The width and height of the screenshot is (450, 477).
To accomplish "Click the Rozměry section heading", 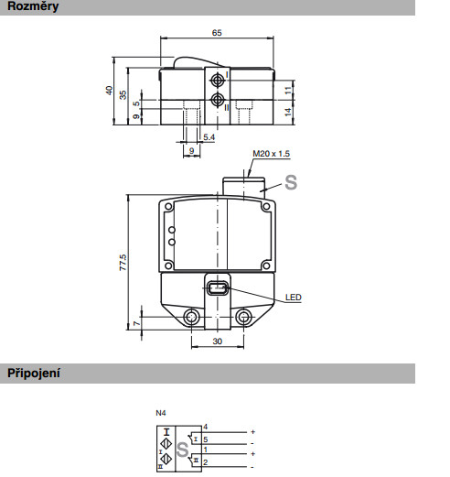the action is point(33,6).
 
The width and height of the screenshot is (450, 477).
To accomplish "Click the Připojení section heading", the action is point(34,374).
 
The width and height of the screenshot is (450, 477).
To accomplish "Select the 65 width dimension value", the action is point(217,33).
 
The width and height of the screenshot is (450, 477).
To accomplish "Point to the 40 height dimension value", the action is point(109,91).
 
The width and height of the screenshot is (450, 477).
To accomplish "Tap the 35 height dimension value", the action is point(123,95).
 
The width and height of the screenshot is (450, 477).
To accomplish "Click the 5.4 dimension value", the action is point(209,137).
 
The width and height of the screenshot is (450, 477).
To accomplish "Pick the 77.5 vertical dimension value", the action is point(123,263).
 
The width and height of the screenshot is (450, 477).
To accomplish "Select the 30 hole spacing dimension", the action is point(218,341).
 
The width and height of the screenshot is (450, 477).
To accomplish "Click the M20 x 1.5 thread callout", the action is point(272,154).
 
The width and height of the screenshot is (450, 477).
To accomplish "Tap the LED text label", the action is point(294,298).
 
